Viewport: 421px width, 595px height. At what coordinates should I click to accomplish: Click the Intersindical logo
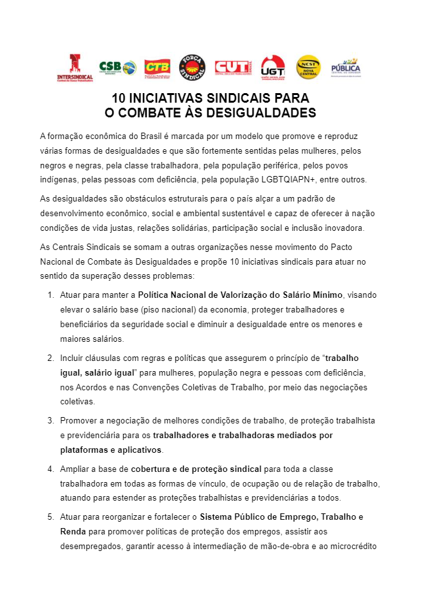click(75, 67)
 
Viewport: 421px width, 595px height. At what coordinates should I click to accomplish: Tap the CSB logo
click(117, 67)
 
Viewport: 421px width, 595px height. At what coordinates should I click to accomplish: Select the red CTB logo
click(157, 67)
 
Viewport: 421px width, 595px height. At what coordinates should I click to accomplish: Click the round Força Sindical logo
click(192, 67)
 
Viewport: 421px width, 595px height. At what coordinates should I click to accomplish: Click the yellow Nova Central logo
click(308, 67)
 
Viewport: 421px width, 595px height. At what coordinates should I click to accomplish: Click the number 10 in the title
click(119, 99)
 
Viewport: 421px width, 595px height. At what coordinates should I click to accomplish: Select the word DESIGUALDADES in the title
click(262, 113)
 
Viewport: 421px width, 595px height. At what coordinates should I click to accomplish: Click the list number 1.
click(50, 295)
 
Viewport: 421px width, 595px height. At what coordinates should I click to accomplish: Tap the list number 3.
click(50, 420)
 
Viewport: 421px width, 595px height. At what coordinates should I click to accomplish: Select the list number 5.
click(50, 517)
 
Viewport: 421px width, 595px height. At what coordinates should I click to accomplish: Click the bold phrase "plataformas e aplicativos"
click(110, 450)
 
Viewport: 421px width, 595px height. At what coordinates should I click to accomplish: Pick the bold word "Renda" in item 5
click(73, 531)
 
